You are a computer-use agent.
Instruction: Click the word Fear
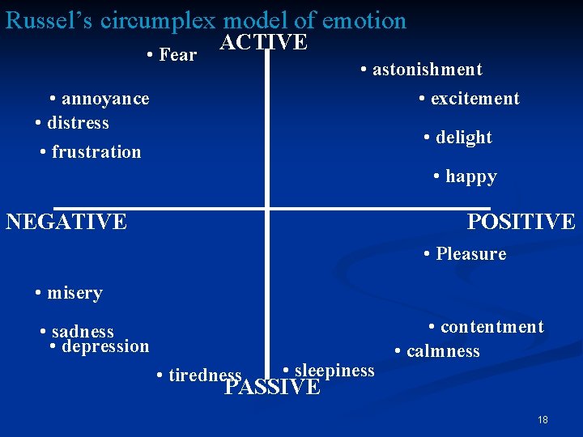pyautogui.click(x=178, y=55)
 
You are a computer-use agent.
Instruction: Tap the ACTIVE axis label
pyautogui.click(x=264, y=43)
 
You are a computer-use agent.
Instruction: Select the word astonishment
pyautogui.click(x=427, y=70)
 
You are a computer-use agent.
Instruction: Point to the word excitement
pyautogui.click(x=475, y=99)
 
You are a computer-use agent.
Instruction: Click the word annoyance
pyautogui.click(x=105, y=99)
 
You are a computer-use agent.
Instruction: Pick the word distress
pyautogui.click(x=78, y=123)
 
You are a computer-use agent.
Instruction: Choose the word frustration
pyautogui.click(x=96, y=152)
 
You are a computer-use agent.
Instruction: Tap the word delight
pyautogui.click(x=463, y=138)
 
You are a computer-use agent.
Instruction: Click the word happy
pyautogui.click(x=470, y=176)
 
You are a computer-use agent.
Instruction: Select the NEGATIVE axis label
pyautogui.click(x=66, y=221)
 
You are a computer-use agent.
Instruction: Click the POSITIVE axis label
pyautogui.click(x=521, y=221)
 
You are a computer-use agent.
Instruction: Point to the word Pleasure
pyautogui.click(x=470, y=254)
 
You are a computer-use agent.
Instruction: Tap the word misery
pyautogui.click(x=74, y=293)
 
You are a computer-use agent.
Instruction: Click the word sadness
pyautogui.click(x=83, y=332)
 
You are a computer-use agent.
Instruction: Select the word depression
pyautogui.click(x=105, y=346)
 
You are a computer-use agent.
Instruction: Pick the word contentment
pyautogui.click(x=492, y=327)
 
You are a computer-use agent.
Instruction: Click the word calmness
pyautogui.click(x=443, y=351)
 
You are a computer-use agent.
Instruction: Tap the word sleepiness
pyautogui.click(x=334, y=371)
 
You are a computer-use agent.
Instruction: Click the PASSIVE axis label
pyautogui.click(x=273, y=387)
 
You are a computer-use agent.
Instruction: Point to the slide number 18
pyautogui.click(x=543, y=420)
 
